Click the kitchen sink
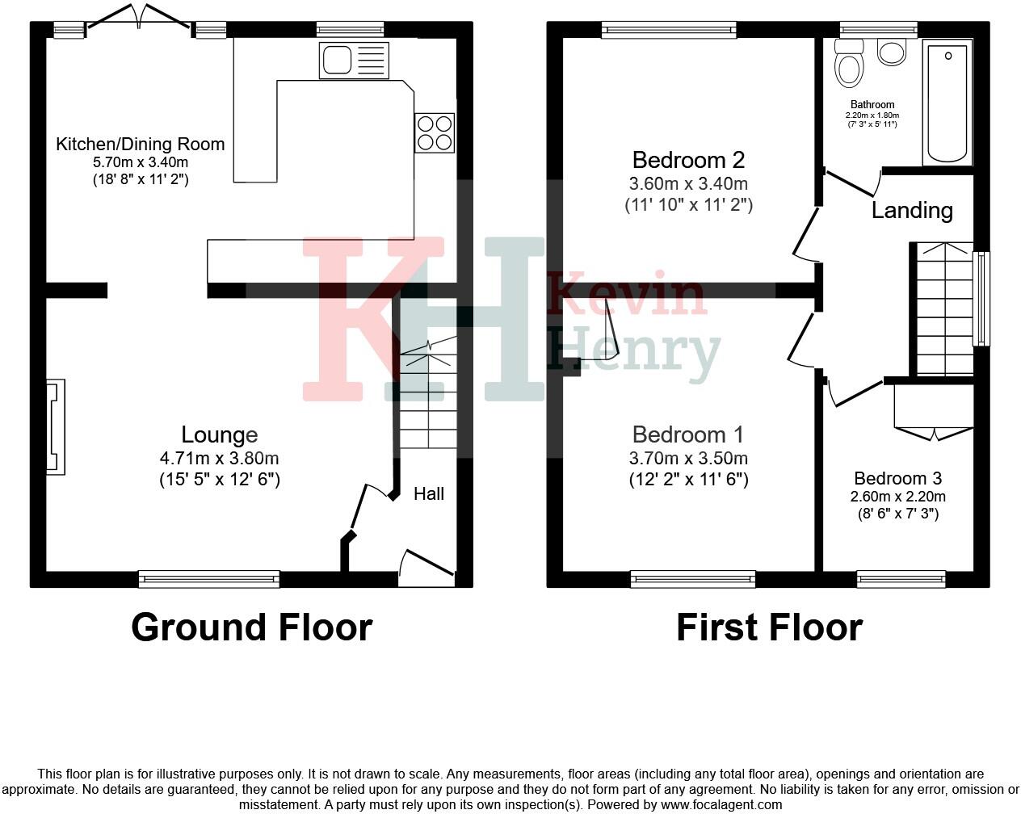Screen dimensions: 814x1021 [354, 61]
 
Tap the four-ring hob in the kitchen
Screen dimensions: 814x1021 [435, 133]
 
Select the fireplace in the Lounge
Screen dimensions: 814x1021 [55, 426]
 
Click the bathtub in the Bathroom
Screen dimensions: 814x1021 [947, 103]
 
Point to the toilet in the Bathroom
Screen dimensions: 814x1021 [849, 65]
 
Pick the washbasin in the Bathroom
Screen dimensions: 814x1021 [892, 53]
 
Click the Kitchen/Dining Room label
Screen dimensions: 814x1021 [140, 145]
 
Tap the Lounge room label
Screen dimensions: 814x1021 [219, 435]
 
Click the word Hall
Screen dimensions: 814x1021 [429, 493]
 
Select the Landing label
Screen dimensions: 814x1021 [912, 211]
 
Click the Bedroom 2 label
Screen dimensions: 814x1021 [688, 160]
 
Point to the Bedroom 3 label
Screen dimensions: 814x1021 [897, 479]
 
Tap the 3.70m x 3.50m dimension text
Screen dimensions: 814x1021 [688, 459]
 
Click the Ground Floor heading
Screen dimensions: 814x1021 [251, 627]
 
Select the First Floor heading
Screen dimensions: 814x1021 [769, 627]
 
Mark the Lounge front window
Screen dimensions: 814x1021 [209, 578]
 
